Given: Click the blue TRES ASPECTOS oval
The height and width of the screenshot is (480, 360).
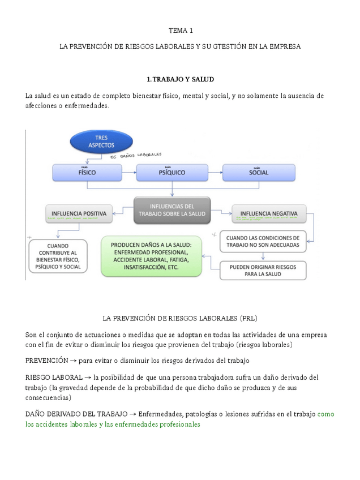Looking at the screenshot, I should click(101, 142).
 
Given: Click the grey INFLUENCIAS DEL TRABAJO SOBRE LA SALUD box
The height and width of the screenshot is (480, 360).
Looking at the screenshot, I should click(172, 210).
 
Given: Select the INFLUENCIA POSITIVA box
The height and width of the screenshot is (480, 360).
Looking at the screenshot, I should click(79, 214).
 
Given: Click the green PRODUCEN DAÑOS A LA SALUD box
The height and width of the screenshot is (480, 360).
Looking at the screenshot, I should click(152, 256).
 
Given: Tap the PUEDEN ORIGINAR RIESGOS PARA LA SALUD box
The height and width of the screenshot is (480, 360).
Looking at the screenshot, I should click(263, 270).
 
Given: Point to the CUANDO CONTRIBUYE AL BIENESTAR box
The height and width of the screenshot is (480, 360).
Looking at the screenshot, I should click(57, 256).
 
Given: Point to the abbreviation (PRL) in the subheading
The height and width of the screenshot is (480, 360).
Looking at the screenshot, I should click(248, 318).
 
